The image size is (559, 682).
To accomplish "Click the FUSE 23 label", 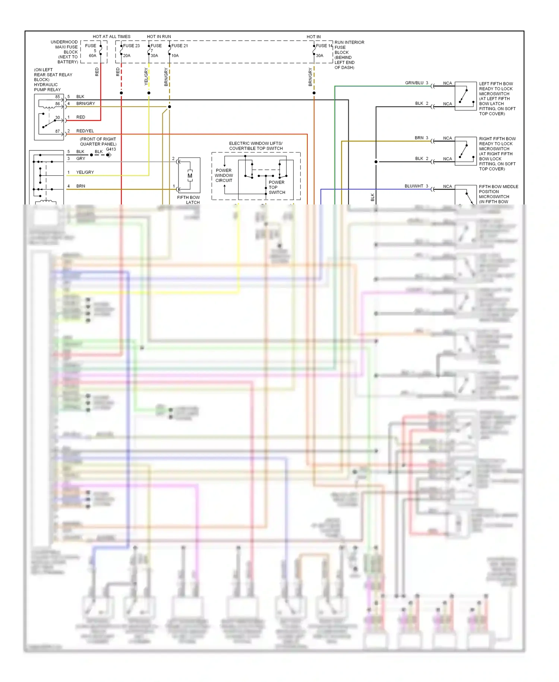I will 131,46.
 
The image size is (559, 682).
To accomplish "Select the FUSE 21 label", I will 180,46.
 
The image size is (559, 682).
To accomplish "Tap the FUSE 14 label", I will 324,46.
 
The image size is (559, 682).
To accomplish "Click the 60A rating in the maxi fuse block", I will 92,56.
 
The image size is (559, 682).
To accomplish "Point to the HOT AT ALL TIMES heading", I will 111,37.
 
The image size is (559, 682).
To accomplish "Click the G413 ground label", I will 111,149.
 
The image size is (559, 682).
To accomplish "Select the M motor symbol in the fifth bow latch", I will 190,176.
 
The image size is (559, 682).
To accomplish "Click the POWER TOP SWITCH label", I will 277,187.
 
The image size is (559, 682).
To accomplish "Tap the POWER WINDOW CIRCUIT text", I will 224,175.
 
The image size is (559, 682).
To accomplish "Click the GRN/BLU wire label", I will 414,83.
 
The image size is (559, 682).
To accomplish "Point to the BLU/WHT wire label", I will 414,186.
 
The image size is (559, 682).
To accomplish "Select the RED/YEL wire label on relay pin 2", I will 85,131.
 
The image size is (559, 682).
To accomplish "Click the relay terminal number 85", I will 57,97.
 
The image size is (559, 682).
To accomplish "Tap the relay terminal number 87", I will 57,131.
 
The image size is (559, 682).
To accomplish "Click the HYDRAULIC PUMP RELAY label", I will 47,87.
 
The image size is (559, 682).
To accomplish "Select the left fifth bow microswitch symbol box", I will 465,96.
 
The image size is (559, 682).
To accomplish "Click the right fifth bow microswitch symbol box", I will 465,151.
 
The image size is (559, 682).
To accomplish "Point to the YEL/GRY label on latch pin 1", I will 85,172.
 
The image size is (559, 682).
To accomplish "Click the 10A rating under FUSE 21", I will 175,56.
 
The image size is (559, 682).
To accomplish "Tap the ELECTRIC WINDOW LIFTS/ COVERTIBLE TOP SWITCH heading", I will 256,146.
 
